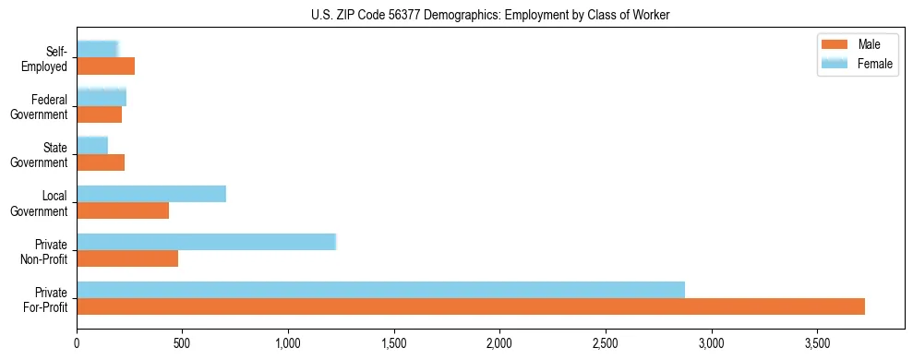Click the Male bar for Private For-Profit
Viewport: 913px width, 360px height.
471,306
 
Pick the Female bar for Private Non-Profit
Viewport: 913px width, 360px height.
206,242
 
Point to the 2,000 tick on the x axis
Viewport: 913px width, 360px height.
499,342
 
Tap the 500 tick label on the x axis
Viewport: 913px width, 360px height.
182,342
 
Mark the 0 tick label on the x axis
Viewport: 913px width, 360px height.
77,342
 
